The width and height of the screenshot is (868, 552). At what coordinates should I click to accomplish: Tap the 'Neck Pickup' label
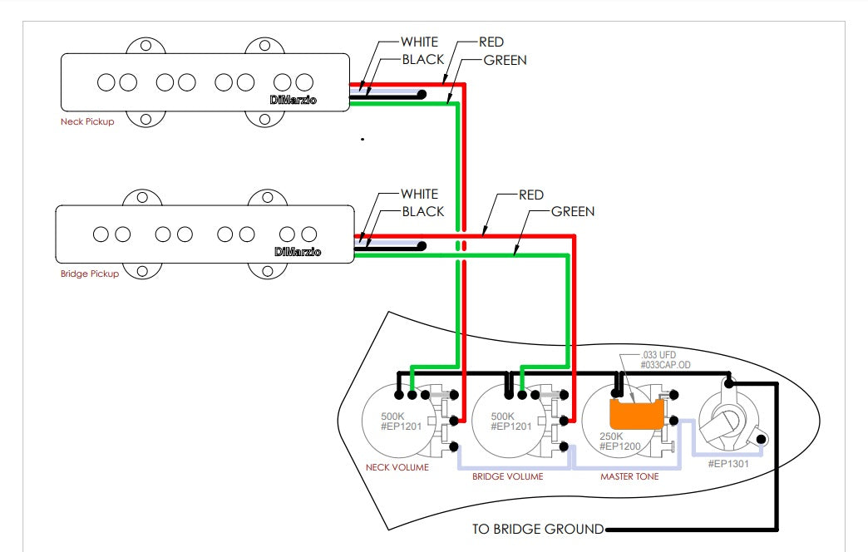pyautogui.click(x=87, y=122)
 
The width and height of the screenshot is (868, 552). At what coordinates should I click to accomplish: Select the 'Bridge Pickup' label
pyautogui.click(x=90, y=274)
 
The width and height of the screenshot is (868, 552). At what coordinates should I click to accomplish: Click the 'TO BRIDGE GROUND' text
pyautogui.click(x=537, y=529)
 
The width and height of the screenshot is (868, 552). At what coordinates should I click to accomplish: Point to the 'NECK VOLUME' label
pyautogui.click(x=397, y=467)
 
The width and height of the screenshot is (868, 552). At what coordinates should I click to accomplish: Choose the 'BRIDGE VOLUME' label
pyautogui.click(x=507, y=476)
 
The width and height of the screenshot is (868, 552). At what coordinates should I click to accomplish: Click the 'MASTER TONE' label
pyautogui.click(x=629, y=476)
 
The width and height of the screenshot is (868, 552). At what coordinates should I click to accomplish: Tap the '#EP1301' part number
pyautogui.click(x=728, y=463)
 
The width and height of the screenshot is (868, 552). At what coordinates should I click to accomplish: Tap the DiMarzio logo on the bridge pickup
pyautogui.click(x=298, y=251)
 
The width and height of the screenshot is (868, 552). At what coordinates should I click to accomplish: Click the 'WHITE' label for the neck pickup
pyautogui.click(x=419, y=42)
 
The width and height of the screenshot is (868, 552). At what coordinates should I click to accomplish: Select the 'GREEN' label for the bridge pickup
pyautogui.click(x=573, y=211)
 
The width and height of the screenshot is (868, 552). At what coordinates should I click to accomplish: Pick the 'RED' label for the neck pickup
pyautogui.click(x=491, y=42)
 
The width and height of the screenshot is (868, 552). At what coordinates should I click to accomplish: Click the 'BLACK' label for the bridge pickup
pyautogui.click(x=423, y=211)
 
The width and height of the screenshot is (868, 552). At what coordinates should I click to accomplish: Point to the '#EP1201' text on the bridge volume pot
pyautogui.click(x=510, y=427)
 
